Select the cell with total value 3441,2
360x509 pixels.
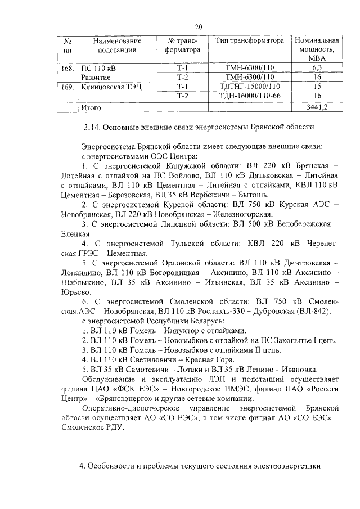pyautogui.click(x=317, y=106)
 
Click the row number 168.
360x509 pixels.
pyautogui.click(x=67, y=68)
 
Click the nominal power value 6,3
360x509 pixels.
pyautogui.click(x=317, y=68)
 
